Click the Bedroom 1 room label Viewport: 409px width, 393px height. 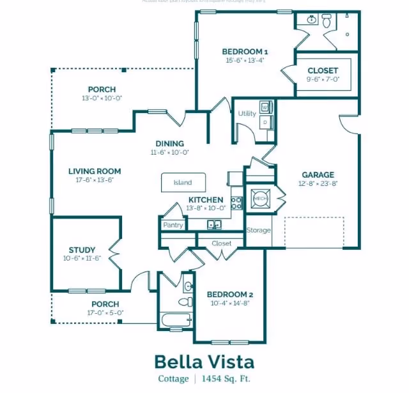click(245, 51)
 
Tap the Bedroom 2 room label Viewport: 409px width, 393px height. click(230, 294)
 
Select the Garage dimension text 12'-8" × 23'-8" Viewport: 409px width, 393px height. click(318, 183)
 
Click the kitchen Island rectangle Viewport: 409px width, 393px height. click(183, 182)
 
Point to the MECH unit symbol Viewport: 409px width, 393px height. click(260, 199)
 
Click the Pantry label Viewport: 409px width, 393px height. click(173, 225)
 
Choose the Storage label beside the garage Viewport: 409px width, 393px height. click(258, 230)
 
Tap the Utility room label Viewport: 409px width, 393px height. click(247, 114)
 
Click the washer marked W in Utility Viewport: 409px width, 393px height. click(265, 107)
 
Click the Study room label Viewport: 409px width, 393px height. click(82, 250)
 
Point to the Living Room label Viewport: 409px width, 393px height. click(95, 171)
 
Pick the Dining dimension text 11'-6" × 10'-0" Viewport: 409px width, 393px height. click(169, 153)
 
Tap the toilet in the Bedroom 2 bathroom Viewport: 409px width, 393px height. click(185, 301)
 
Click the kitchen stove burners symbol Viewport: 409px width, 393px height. click(236, 203)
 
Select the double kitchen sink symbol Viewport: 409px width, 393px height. click(214, 224)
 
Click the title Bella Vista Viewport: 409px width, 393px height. click(204, 362)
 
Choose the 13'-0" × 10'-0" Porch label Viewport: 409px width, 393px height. click(102, 98)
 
